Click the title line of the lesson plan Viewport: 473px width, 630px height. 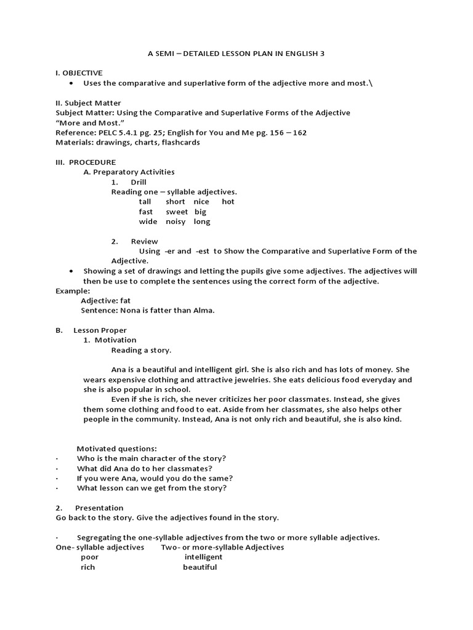pos(236,54)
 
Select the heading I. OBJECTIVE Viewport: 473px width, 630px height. pos(79,73)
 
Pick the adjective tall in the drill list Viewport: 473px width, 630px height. pos(145,202)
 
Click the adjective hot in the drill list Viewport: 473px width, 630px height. pos(228,202)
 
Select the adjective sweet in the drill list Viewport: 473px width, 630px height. pos(177,212)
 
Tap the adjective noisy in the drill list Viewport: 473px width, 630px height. pos(176,221)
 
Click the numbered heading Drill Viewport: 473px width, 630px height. pos(139,182)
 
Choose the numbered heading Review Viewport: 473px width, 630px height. pos(144,241)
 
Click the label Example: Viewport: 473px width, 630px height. pos(73,290)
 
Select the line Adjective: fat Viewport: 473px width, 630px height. pos(106,300)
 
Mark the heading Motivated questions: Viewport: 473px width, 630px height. pos(116,449)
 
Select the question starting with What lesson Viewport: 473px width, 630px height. pos(152,488)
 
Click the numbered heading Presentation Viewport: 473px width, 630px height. pos(99,508)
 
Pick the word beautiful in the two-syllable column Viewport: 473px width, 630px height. pos(200,567)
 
